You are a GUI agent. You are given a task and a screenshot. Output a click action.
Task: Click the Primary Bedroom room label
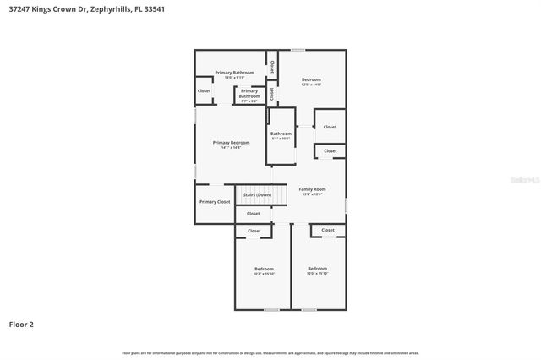(x=231, y=143)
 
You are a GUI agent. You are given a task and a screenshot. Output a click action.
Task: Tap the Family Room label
(x=311, y=190)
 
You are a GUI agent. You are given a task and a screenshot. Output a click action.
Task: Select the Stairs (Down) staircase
(x=257, y=195)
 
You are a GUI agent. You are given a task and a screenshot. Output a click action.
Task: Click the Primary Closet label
(x=215, y=202)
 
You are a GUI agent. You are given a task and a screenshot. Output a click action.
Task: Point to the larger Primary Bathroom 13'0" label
(x=234, y=74)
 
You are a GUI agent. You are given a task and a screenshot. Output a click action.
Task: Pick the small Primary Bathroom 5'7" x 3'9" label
(x=249, y=95)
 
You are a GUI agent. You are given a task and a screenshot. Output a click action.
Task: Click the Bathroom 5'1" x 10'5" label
(x=281, y=134)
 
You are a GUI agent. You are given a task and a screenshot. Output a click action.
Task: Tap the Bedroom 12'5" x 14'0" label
(x=311, y=81)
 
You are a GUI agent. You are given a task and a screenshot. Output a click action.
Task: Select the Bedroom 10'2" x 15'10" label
(x=264, y=270)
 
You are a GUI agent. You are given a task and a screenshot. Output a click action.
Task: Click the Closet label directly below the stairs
(x=254, y=214)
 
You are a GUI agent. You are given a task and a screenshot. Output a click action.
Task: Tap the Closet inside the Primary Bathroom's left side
(x=204, y=90)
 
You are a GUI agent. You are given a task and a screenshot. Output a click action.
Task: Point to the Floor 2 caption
(x=21, y=324)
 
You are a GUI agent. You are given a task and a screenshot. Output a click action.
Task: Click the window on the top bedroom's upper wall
(x=298, y=50)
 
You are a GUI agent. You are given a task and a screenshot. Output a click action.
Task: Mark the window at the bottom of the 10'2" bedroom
(x=271, y=310)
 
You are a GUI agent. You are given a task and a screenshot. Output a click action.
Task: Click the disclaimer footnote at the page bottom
(x=270, y=352)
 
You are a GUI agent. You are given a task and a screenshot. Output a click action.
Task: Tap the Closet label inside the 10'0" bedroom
(x=328, y=230)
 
